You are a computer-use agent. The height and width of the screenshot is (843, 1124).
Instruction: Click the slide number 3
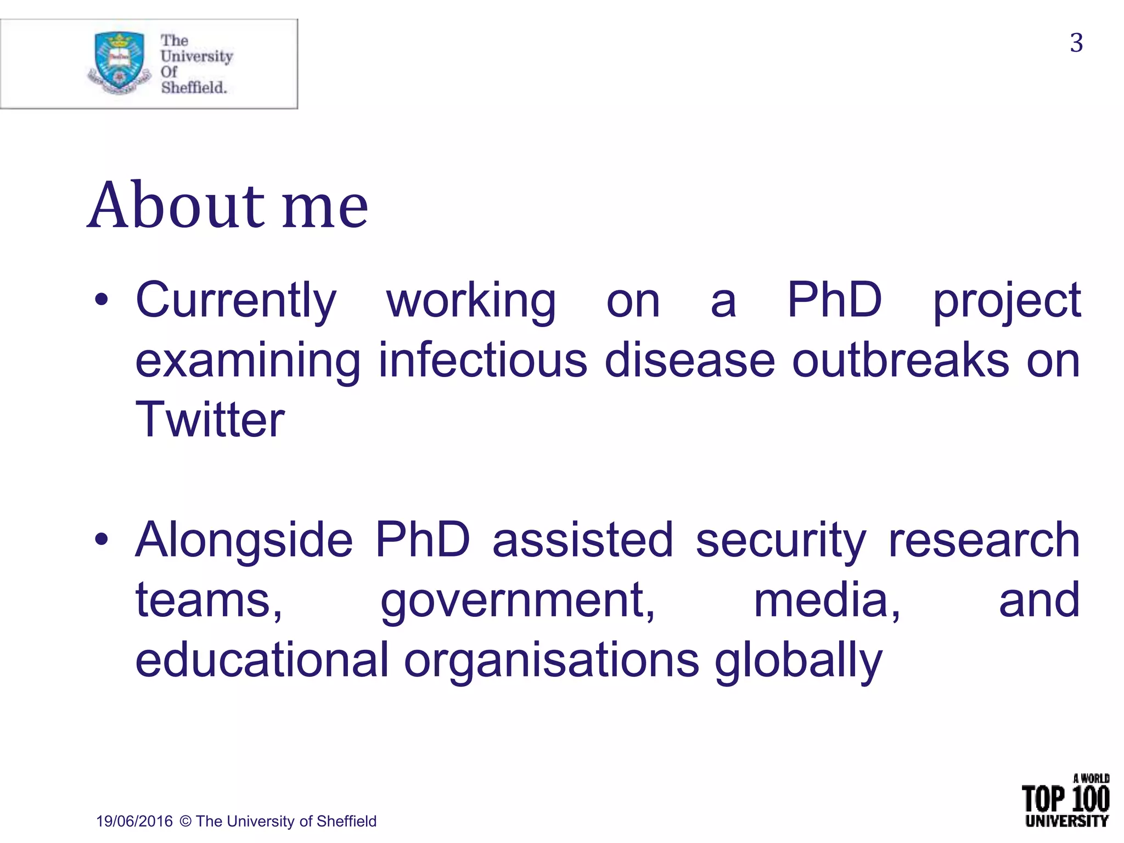1076,43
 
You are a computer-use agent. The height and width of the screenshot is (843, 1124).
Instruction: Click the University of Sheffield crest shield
119,60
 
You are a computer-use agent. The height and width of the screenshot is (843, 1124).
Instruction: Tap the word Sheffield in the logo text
193,87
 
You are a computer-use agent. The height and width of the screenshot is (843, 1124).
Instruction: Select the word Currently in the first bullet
236,301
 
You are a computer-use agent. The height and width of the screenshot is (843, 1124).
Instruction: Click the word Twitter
210,420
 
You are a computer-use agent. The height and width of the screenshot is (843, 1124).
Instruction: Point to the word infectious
483,361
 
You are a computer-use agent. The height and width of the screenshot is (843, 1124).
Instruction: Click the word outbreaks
900,361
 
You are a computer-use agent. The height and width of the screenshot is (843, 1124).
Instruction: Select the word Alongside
244,541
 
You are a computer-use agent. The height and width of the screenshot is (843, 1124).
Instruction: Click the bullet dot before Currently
101,300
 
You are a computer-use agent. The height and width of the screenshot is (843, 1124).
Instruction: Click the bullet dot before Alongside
101,539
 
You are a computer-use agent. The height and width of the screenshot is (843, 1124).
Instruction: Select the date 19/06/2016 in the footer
134,822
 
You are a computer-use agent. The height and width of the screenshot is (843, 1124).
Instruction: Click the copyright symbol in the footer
186,822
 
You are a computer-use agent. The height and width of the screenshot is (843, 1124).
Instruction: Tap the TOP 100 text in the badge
1065,799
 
